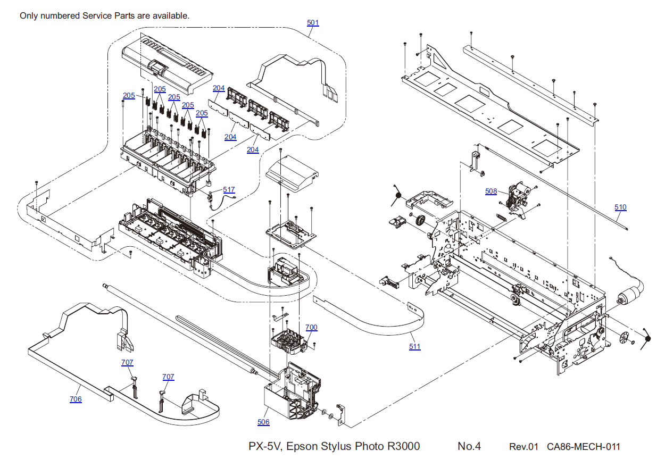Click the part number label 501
pyautogui.click(x=313, y=23)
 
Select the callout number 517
pyautogui.click(x=229, y=189)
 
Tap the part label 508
pyautogui.click(x=491, y=191)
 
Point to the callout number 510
pyautogui.click(x=620, y=207)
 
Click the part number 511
pyautogui.click(x=414, y=347)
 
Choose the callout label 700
pyautogui.click(x=311, y=328)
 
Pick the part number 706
pyautogui.click(x=76, y=399)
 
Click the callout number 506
pyautogui.click(x=263, y=422)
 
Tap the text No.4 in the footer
pyautogui.click(x=469, y=446)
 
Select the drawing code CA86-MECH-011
pyautogui.click(x=583, y=447)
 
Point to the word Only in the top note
pyautogui.click(x=29, y=16)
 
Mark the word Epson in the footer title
pyautogui.click(x=303, y=446)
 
